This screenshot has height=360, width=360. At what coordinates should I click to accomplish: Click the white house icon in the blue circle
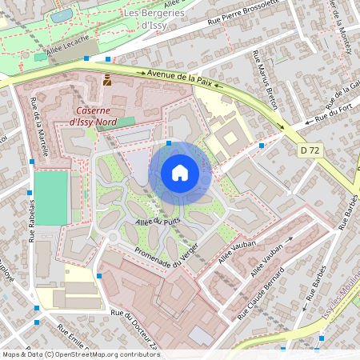pyautogui.click(x=180, y=173)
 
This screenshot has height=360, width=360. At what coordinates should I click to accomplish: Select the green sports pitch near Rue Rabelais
pyautogui.click(x=50, y=197)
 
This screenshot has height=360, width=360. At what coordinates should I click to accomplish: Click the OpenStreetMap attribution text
pyautogui.click(x=81, y=354)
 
